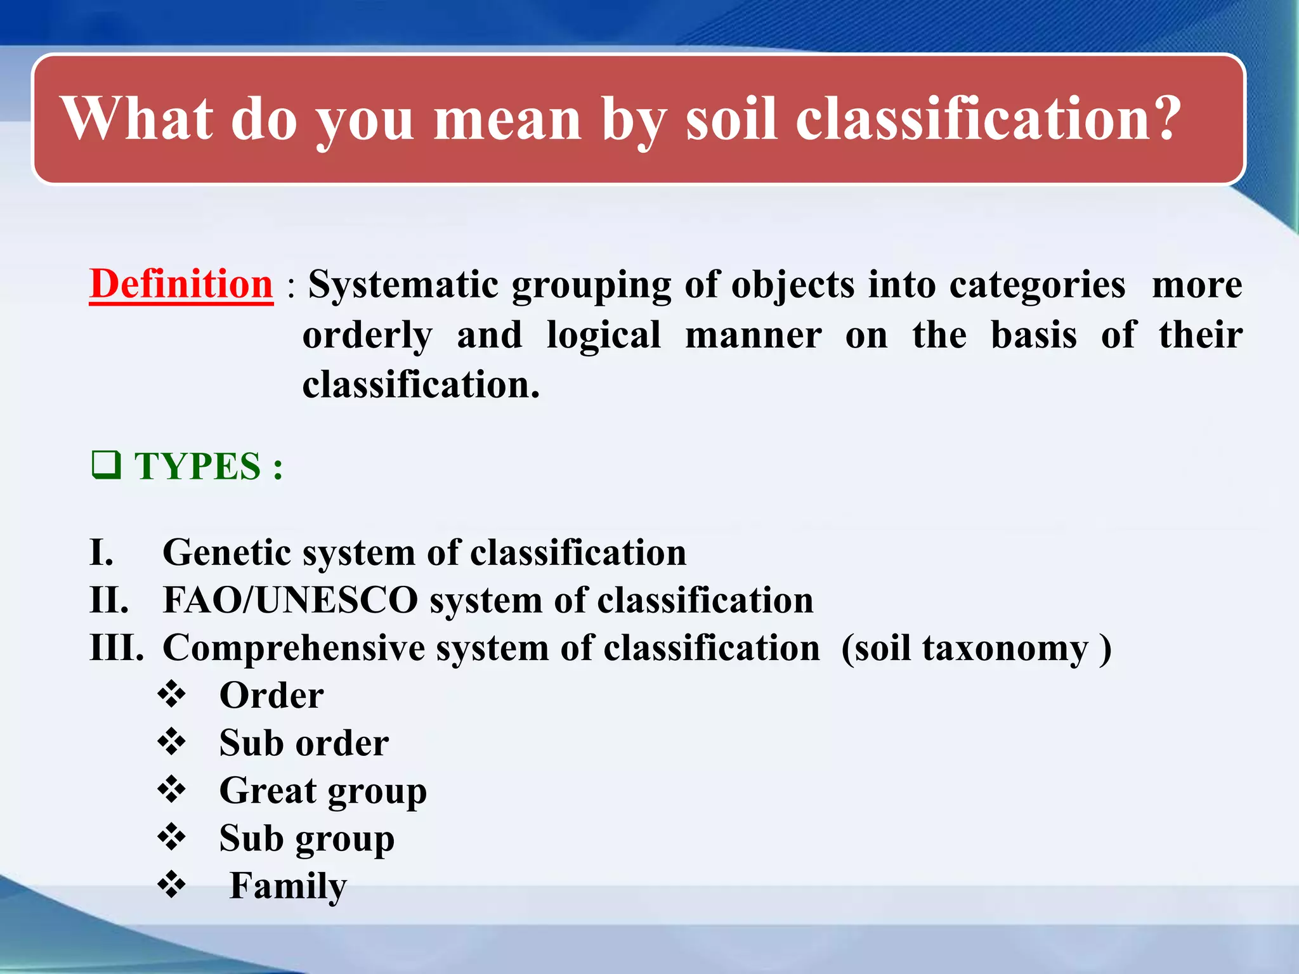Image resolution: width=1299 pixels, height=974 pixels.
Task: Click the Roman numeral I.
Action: pyautogui.click(x=101, y=552)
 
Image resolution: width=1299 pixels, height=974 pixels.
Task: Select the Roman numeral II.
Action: pyautogui.click(x=109, y=600)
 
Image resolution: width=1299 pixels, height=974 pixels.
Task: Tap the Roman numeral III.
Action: pyautogui.click(x=117, y=648)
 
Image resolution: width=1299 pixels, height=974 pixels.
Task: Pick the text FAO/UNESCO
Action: pyautogui.click(x=290, y=600)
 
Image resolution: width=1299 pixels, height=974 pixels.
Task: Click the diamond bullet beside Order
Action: pyautogui.click(x=171, y=694)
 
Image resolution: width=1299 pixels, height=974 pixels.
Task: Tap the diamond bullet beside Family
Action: pyautogui.click(x=171, y=885)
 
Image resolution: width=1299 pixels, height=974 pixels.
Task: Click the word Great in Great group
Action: pyautogui.click(x=268, y=791)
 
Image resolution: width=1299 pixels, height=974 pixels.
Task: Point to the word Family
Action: pyautogui.click(x=288, y=886)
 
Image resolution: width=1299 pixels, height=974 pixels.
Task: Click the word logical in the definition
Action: pyautogui.click(x=603, y=335)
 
